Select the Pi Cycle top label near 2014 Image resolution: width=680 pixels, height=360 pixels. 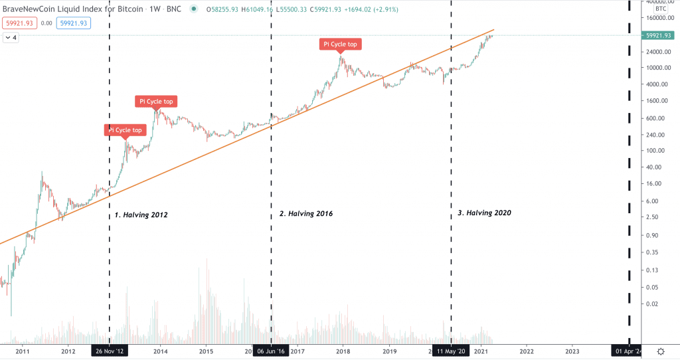coord(157,102)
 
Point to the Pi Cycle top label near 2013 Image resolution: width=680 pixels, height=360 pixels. coord(125,130)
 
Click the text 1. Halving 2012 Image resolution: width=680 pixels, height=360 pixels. coord(141,215)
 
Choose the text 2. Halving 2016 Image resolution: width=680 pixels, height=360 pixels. coord(305,214)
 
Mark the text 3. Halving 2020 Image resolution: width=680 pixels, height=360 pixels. coord(484,213)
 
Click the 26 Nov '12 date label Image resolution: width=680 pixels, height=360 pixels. coord(109,351)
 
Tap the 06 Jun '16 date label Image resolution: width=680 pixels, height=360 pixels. coord(271,351)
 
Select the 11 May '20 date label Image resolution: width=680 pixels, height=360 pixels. coord(452,351)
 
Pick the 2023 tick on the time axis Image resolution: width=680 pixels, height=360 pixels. coord(572,351)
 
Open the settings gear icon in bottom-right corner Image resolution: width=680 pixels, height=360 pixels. coord(661,351)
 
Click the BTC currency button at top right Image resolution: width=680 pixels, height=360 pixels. coord(661,9)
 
